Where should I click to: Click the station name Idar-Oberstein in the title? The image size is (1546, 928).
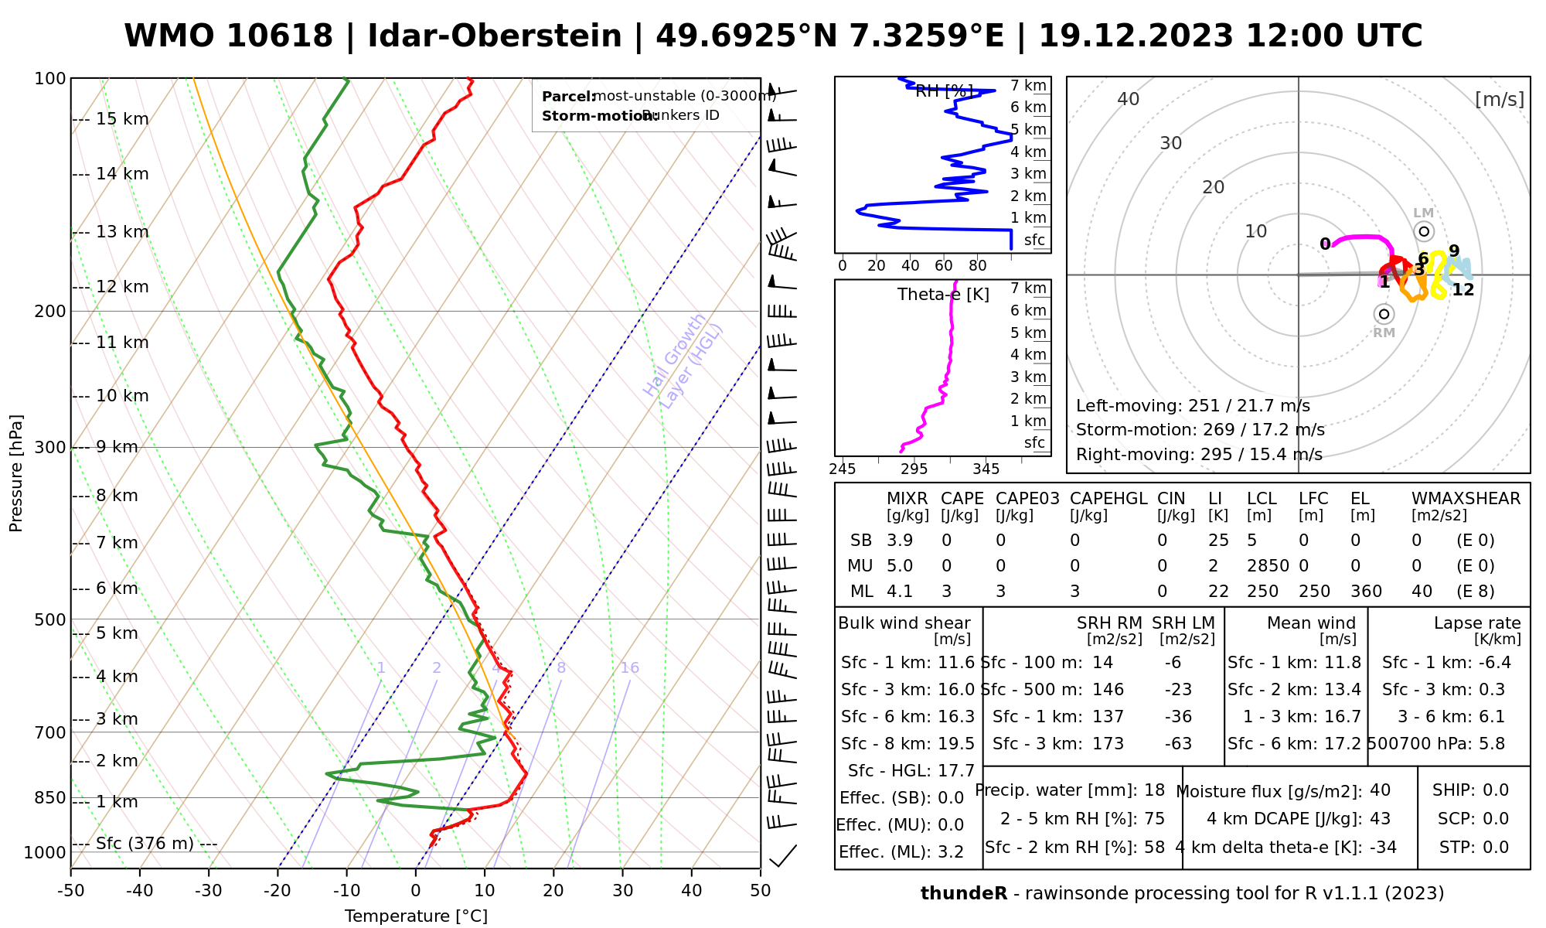click(495, 36)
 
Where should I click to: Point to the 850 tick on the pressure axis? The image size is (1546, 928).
click(51, 797)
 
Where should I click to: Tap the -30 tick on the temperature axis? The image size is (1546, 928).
click(209, 891)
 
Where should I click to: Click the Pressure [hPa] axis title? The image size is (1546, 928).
click(16, 473)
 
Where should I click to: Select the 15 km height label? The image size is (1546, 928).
click(122, 119)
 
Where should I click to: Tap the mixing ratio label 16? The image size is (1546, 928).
click(629, 668)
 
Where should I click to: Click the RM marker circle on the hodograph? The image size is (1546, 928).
click(1384, 314)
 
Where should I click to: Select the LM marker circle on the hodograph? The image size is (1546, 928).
click(1424, 231)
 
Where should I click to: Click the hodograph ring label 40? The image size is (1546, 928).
click(1129, 99)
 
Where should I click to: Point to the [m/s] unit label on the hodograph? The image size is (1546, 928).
click(1499, 99)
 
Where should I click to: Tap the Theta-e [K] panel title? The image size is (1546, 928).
click(943, 295)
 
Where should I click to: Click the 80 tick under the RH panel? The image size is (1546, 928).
click(978, 266)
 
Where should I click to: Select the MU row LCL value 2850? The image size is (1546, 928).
click(1268, 566)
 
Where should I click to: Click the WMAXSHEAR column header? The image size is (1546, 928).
click(1466, 499)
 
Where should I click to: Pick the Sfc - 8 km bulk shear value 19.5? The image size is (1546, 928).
click(956, 744)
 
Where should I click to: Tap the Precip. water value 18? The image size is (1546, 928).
click(1154, 790)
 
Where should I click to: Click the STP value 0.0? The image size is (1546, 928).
click(1496, 848)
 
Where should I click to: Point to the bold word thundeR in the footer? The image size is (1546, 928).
click(964, 894)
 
